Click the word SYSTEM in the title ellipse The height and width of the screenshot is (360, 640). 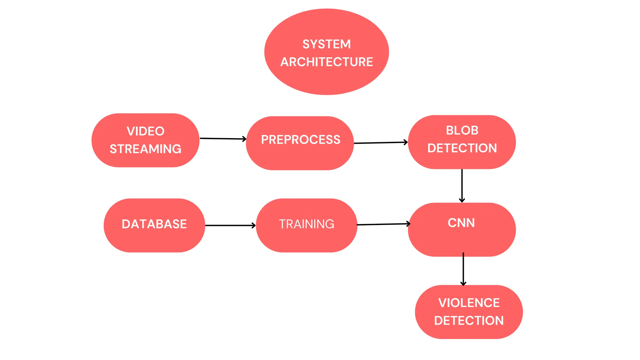pos(327,44)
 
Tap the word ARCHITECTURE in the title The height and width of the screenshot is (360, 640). pos(327,62)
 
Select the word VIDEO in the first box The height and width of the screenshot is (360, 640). pos(145,131)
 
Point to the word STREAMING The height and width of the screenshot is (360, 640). pos(145,149)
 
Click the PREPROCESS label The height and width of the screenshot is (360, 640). pos(301,140)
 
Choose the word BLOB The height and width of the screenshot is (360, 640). pos(462,130)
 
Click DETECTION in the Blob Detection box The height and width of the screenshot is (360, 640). pos(462,148)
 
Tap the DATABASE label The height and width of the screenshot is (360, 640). pos(154,224)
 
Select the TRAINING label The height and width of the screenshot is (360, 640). pos(307,224)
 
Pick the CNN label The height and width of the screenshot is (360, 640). pos(461,223)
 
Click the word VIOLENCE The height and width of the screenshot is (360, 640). pos(469,303)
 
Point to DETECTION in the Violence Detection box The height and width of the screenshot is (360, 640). pos(469,321)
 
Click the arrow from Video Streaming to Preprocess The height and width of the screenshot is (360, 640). pos(223,138)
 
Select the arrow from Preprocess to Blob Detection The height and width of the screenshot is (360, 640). pos(381,143)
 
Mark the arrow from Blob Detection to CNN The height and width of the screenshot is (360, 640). pos(462,186)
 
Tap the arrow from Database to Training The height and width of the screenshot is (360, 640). pos(230,225)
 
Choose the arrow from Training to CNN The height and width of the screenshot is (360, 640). pos(383,224)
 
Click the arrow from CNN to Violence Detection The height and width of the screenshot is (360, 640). pos(463,269)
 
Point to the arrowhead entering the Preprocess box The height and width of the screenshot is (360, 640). pos(245,139)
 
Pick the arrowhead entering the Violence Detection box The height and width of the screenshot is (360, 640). pos(463,284)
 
